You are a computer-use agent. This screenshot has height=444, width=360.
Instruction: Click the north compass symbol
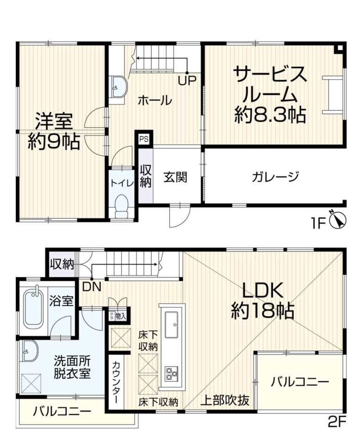pyautogui.click(x=338, y=219)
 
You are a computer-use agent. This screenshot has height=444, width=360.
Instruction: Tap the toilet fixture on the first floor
pyautogui.click(x=122, y=206)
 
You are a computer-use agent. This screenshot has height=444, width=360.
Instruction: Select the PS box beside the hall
pyautogui.click(x=143, y=139)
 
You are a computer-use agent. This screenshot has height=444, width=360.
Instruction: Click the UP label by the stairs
pyautogui.click(x=187, y=80)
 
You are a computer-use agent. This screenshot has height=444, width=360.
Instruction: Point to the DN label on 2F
pyautogui.click(x=92, y=287)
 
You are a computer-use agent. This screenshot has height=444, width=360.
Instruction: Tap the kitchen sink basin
pyautogui.click(x=171, y=325)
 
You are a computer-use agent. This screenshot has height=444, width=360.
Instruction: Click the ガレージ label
pyautogui.click(x=275, y=177)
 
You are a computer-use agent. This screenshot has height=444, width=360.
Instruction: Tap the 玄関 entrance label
pyautogui.click(x=175, y=177)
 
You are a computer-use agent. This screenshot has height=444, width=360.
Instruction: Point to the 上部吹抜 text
pyautogui.click(x=225, y=401)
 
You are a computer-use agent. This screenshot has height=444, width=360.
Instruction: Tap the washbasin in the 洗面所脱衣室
pyautogui.click(x=29, y=351)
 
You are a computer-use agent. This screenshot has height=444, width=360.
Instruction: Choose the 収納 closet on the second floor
pyautogui.click(x=62, y=264)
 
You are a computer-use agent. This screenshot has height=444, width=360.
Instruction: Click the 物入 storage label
pyautogui.click(x=121, y=316)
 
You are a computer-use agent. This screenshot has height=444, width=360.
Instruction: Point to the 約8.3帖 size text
pyautogui.click(x=270, y=115)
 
